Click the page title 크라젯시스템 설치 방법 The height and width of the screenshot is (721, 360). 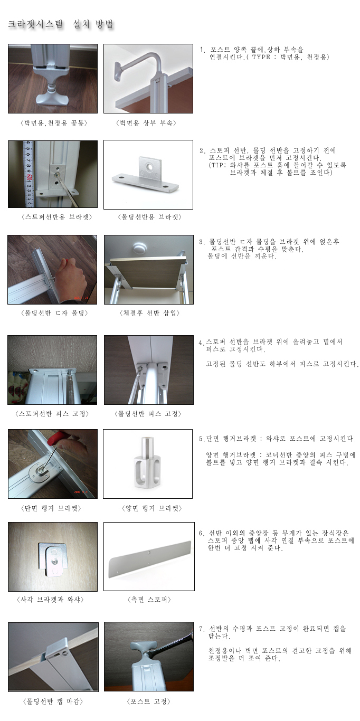click(61, 24)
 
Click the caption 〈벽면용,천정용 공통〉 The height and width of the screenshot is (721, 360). click(53, 123)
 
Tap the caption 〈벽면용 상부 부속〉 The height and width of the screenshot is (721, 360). click(146, 123)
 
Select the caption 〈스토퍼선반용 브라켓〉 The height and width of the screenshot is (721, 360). click(56, 217)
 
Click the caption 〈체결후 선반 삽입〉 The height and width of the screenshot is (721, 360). click(149, 313)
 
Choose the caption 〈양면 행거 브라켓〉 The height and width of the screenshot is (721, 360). click(151, 508)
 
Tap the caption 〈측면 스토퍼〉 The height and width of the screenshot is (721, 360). click(149, 600)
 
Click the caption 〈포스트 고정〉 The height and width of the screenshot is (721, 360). click(148, 701)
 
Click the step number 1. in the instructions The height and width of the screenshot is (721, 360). click(202, 50)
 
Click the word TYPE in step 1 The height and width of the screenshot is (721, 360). click(261, 57)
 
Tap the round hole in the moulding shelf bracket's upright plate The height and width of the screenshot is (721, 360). click(149, 167)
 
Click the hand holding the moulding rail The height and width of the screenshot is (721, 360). click(71, 277)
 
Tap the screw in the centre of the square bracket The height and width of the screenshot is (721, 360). click(52, 560)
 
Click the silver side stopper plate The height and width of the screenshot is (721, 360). click(150, 556)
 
